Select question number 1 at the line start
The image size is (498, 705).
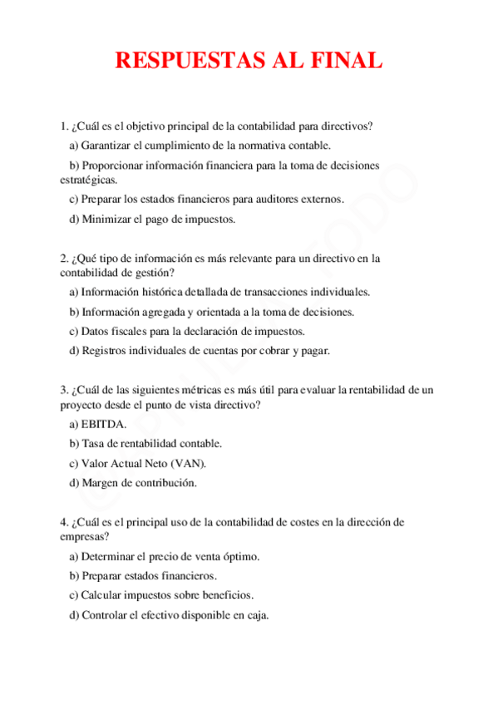tap(63, 126)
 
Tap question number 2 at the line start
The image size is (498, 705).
tap(63, 259)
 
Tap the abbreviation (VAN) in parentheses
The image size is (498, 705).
tap(187, 463)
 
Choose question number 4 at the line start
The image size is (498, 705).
tap(63, 523)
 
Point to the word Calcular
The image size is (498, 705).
tap(103, 595)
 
